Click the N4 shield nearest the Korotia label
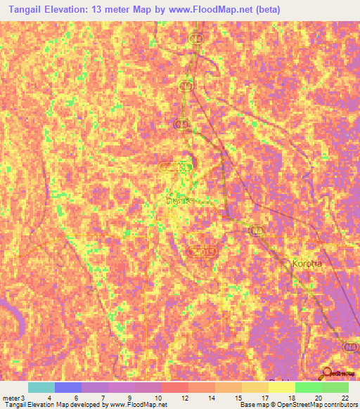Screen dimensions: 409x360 [259, 229]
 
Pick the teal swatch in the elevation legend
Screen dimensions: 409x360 [41, 387]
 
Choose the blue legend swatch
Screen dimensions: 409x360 [68, 387]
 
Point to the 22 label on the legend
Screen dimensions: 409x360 [345, 398]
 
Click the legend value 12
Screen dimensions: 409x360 [184, 398]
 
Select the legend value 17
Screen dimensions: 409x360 [264, 398]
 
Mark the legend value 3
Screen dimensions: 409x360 [25, 398]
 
